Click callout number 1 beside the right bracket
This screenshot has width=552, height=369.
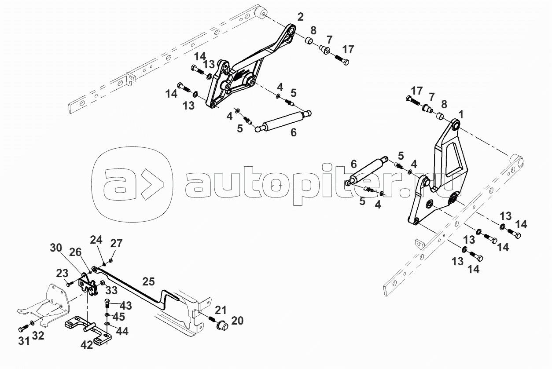click(460, 114)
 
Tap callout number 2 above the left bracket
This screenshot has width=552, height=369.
click(300, 17)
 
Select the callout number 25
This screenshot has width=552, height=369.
click(149, 281)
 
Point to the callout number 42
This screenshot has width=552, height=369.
click(87, 345)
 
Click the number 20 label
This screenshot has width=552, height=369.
click(237, 321)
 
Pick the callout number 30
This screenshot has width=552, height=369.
click(56, 248)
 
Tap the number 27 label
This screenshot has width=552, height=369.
click(116, 244)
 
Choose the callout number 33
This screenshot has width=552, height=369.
click(111, 290)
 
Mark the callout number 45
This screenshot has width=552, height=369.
click(118, 317)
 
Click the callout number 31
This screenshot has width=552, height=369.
click(24, 341)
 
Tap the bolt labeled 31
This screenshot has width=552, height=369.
click(23, 329)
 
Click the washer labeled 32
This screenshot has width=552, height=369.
click(32, 323)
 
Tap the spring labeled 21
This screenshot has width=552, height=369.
click(212, 319)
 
